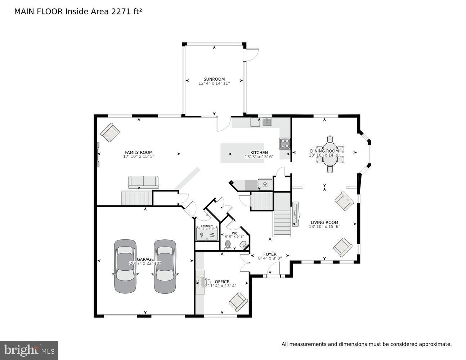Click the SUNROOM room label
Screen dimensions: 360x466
pos(214,79)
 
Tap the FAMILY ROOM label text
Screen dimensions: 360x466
pos(139,152)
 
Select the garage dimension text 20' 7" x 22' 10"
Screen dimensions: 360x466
pos(145,263)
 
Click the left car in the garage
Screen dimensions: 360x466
pos(125,266)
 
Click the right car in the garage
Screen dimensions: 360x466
pos(165,266)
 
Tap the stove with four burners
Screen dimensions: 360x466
pos(285,144)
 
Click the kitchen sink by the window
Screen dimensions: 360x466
pos(266,122)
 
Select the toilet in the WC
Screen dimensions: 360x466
pos(228,245)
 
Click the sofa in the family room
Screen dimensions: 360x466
pos(143,182)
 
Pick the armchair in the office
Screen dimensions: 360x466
pos(238,302)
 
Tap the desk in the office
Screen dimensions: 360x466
pos(200,282)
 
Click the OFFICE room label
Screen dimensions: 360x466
pos(222,282)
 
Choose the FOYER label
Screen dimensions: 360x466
pos(270,254)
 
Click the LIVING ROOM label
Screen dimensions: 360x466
pos(324,222)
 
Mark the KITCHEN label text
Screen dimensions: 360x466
pos(259,153)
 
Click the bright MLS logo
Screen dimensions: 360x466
pos(29,350)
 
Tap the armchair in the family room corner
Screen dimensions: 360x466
pos(110,132)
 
